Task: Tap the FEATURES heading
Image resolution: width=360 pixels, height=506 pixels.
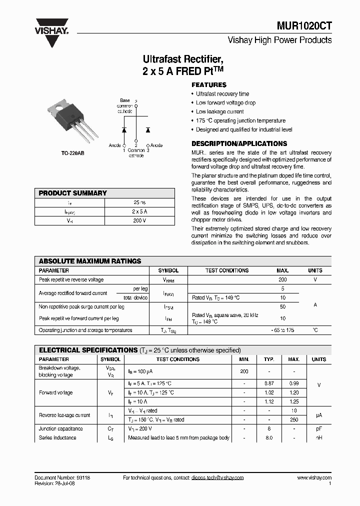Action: tap(209, 85)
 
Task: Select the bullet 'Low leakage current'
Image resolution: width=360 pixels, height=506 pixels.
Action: tap(219, 111)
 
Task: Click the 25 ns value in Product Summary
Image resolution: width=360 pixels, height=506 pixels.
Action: tap(139, 203)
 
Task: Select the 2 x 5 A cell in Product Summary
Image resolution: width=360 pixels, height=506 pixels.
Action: tap(139, 212)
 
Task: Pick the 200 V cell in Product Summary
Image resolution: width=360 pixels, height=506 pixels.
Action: tap(139, 221)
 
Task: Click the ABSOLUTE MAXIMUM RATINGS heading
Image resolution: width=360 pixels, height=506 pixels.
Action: tap(90, 261)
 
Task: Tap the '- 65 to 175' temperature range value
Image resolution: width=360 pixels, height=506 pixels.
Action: tap(282, 330)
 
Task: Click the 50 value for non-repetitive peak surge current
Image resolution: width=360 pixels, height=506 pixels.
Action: tap(282, 306)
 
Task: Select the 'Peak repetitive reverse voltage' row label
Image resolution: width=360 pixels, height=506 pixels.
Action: tap(71, 280)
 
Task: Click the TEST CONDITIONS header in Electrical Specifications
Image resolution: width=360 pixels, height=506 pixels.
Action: tap(177, 359)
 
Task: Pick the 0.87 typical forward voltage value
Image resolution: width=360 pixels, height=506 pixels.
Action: tap(269, 383)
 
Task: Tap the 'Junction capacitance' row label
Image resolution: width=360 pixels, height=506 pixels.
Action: tap(61, 428)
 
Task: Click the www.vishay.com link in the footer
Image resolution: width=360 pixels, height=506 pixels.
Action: tap(314, 478)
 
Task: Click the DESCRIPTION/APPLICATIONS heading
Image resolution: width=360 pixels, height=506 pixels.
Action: tap(239, 143)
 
